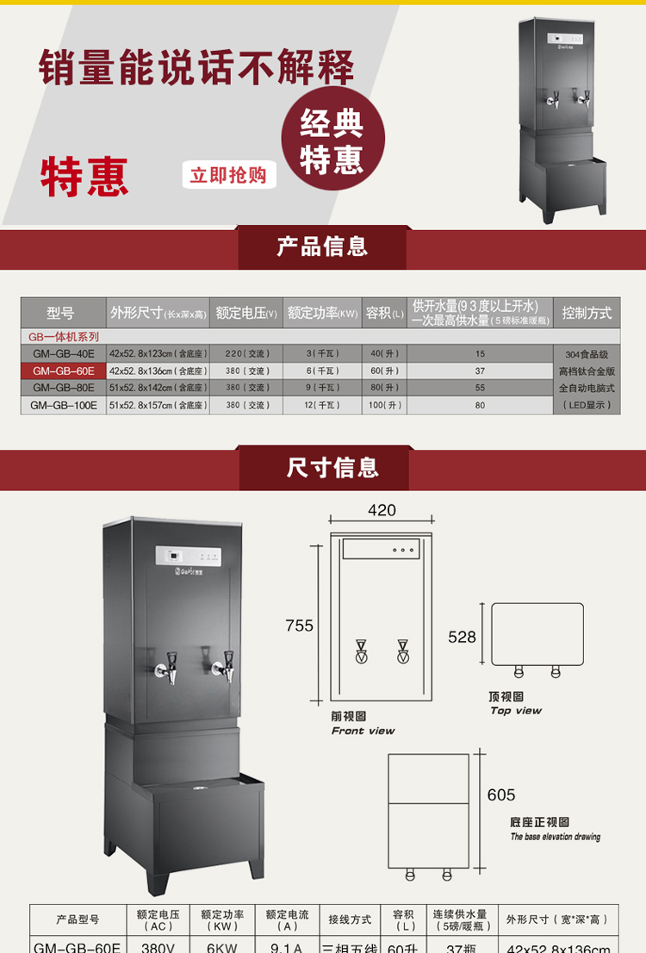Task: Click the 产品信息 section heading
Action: (322, 247)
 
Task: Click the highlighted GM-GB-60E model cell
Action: (64, 371)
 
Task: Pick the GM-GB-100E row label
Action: (64, 405)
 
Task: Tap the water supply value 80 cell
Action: (480, 405)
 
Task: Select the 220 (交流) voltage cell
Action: (246, 353)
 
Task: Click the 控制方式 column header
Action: (587, 313)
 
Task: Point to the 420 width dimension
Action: (382, 510)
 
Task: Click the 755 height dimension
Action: (300, 626)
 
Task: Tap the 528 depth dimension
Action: (462, 637)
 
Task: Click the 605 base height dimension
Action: (501, 794)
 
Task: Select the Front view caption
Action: (363, 731)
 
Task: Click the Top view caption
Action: (516, 711)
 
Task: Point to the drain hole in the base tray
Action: (201, 788)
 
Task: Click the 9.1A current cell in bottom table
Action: (285, 946)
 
